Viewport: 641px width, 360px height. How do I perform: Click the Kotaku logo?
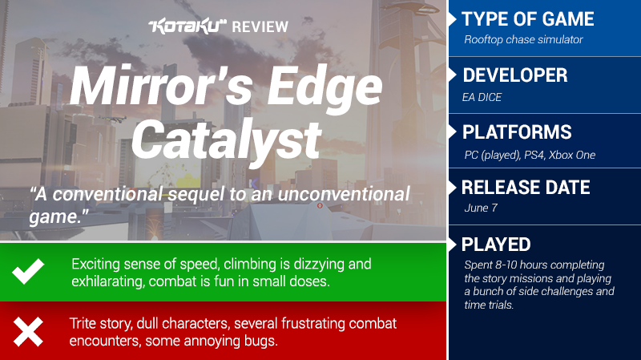(187, 26)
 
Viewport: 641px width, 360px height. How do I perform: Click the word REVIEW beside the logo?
(260, 27)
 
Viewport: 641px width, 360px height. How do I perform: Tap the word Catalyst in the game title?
(227, 139)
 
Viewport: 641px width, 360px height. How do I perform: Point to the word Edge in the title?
(325, 86)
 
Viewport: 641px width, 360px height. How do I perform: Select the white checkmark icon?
(28, 271)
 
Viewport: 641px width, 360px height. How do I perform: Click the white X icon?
(28, 332)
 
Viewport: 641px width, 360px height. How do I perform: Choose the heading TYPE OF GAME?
(528, 19)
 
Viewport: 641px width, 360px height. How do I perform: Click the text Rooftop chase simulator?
(523, 39)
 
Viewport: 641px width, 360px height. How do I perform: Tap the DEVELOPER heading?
(515, 75)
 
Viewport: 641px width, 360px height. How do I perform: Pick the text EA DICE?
(482, 97)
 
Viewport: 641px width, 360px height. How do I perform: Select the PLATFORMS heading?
(517, 132)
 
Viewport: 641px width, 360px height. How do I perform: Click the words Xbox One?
(572, 155)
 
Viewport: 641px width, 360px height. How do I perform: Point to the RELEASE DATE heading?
(526, 188)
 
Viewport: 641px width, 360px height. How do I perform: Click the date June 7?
(481, 208)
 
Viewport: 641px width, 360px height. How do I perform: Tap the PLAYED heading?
(496, 245)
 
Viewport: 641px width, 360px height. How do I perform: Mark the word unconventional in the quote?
(344, 193)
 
